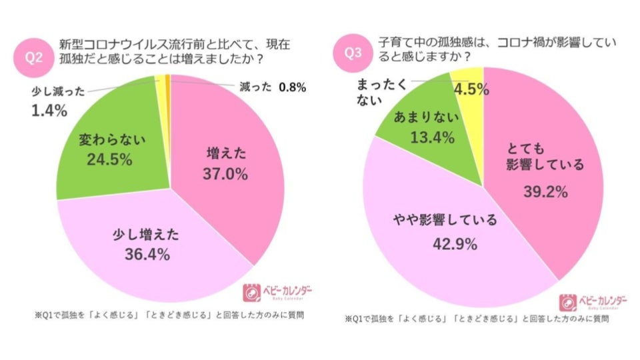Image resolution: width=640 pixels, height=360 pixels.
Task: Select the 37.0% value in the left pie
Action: (x=225, y=175)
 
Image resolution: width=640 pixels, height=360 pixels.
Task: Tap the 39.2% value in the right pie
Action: (x=545, y=193)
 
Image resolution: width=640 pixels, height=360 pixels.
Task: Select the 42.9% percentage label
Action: (x=454, y=244)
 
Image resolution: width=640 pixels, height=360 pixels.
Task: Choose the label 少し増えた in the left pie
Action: (x=147, y=235)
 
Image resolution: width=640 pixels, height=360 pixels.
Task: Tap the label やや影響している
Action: (x=454, y=220)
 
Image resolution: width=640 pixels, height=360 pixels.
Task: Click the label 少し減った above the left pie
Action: (x=59, y=92)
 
